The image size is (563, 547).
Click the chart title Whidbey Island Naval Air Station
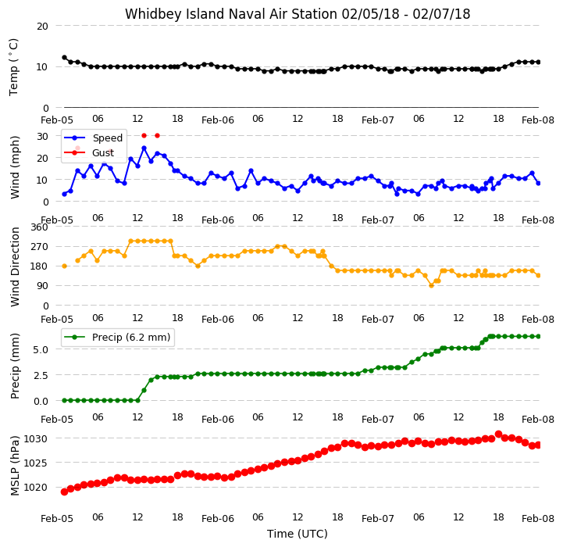coord(231,14)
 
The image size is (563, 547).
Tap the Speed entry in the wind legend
coord(93,138)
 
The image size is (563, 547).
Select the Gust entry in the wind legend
coord(88,152)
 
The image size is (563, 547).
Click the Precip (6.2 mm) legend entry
coord(117,337)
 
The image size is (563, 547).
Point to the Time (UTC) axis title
coord(298,534)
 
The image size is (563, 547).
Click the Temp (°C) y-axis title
coord(13,67)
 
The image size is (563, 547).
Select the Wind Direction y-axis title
coord(15,266)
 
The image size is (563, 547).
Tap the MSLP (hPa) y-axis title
coord(14,466)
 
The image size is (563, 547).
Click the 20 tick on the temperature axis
coord(42,26)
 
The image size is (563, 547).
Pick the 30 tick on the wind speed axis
coord(42,136)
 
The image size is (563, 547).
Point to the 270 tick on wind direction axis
coord(40,247)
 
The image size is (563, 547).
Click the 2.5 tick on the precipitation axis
coord(41,375)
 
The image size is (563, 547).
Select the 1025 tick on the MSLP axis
coord(36,463)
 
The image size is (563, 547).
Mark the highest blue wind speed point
coord(144,148)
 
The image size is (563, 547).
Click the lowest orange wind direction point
coord(431,285)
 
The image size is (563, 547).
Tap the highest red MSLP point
coord(498,434)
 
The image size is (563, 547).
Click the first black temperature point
coord(64,58)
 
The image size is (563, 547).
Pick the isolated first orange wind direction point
coord(64,266)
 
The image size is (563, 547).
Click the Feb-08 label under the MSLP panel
coord(538,519)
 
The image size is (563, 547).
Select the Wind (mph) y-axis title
coord(15,167)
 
